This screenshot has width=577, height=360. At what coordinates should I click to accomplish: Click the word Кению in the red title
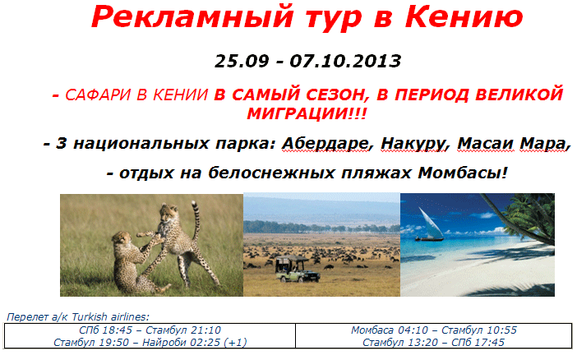tap(464, 17)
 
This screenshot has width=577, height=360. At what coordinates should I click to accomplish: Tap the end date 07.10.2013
tap(345, 61)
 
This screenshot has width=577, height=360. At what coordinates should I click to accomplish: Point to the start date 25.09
tap(242, 61)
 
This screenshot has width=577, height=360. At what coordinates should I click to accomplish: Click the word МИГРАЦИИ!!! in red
tap(307, 113)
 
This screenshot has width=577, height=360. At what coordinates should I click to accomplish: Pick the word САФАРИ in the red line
tap(98, 95)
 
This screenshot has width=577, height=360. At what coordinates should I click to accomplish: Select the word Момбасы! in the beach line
tap(463, 173)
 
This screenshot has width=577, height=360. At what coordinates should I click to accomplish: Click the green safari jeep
tap(298, 270)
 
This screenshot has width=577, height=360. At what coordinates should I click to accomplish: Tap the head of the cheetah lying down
tap(122, 240)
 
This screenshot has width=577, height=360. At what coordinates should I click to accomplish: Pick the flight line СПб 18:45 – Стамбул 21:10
tap(150, 330)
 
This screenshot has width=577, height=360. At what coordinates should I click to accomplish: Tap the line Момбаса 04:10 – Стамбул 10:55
tap(434, 330)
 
